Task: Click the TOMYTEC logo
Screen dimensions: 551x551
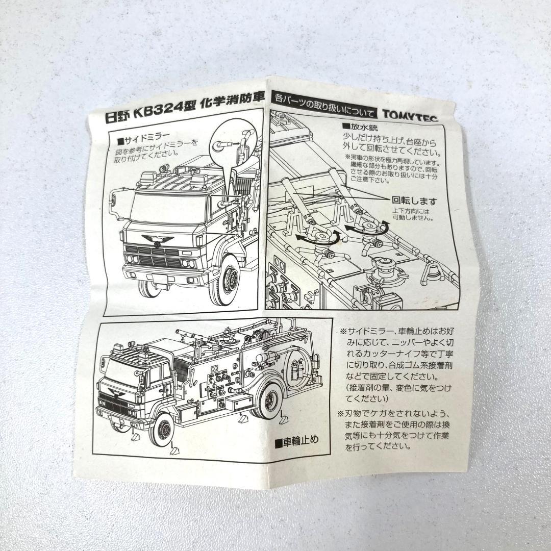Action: (x=416, y=117)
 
